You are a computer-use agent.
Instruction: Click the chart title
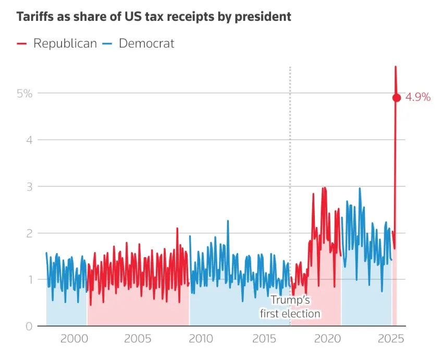[x=154, y=17]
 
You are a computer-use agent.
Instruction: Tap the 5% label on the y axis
[x=24, y=93]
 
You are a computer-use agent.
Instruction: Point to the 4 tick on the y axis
[x=29, y=140]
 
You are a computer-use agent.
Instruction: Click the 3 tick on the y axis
[x=29, y=186]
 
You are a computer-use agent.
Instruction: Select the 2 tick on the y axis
[x=29, y=233]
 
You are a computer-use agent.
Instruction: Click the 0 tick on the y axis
[x=29, y=326]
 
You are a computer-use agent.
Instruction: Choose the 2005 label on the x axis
[x=138, y=339]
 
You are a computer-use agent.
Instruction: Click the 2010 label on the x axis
[x=201, y=339]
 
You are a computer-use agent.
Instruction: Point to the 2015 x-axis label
[x=265, y=339]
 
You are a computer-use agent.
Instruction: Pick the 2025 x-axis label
[x=390, y=339]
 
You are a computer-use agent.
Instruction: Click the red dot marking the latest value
[x=397, y=98]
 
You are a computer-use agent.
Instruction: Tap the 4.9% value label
[x=418, y=97]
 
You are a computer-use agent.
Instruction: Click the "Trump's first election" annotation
[x=290, y=307]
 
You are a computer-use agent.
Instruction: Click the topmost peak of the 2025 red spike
[x=396, y=67]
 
